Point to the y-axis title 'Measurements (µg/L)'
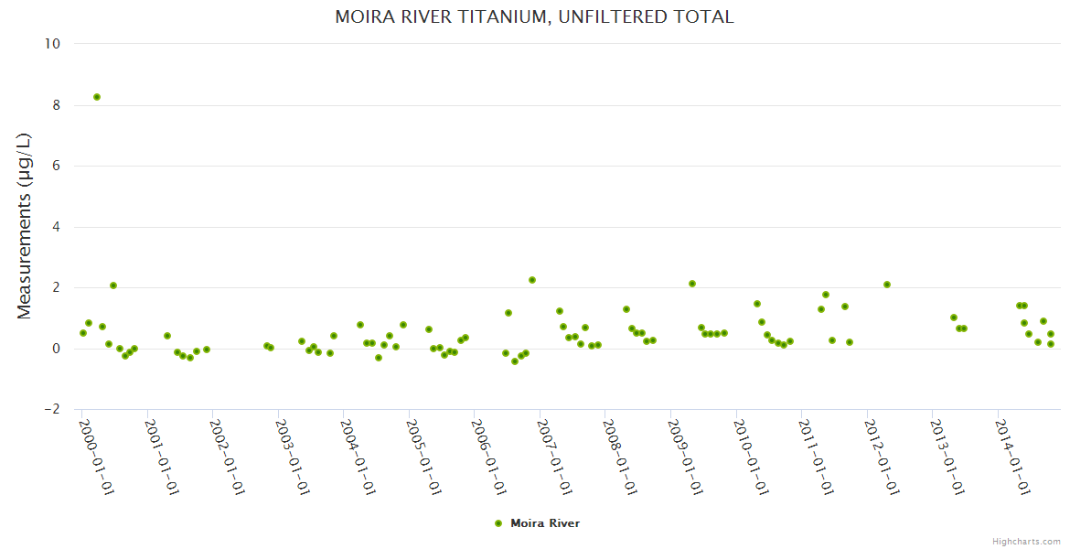[25, 227]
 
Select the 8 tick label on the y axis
[56, 105]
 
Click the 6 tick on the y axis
[56, 166]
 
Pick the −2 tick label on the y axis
[52, 409]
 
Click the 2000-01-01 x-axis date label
[96, 457]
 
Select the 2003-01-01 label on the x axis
[293, 457]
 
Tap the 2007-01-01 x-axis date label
[554, 457]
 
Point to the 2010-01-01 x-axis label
[751, 457]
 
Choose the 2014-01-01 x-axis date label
[1013, 457]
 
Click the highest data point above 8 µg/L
[97, 97]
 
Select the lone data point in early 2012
[887, 285]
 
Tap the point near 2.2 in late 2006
[532, 280]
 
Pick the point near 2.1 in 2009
[692, 284]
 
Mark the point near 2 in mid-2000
[113, 285]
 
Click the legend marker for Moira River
[498, 523]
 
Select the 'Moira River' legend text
[545, 523]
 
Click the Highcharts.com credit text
[1026, 541]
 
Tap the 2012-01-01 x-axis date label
[882, 457]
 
